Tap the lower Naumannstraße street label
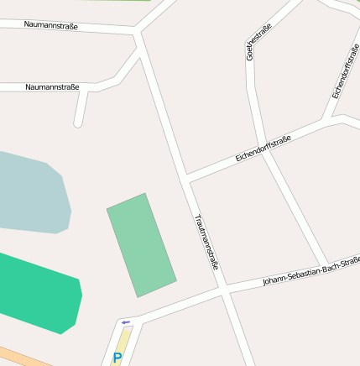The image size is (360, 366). pyautogui.click(x=52, y=86)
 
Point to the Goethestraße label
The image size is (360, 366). pyautogui.click(x=258, y=43)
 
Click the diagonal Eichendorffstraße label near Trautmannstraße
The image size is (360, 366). pyautogui.click(x=263, y=149)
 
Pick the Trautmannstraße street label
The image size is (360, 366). pyautogui.click(x=206, y=241)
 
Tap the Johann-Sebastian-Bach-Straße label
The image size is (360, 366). pyautogui.click(x=310, y=271)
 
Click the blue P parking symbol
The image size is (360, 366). pyautogui.click(x=117, y=358)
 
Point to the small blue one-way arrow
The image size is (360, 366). pyautogui.click(x=126, y=322)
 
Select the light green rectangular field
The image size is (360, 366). pyautogui.click(x=141, y=245)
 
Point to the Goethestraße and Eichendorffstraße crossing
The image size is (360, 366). pyautogui.click(x=262, y=144)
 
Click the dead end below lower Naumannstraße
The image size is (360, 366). pyautogui.click(x=78, y=123)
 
